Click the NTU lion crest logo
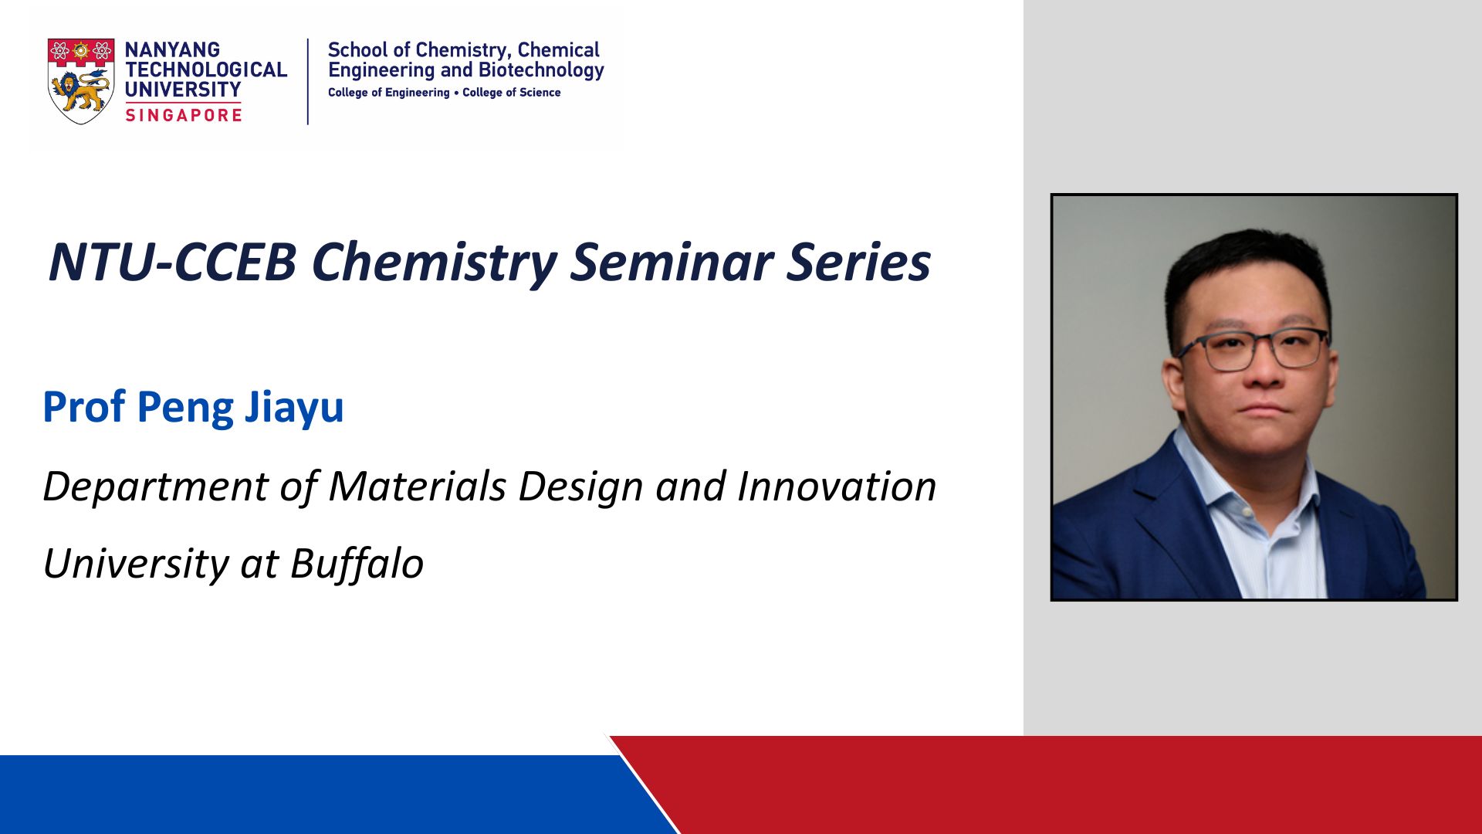[81, 81]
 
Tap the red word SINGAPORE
[184, 115]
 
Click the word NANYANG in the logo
[172, 49]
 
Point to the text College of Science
[512, 93]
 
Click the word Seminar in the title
[672, 262]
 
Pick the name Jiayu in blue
[294, 408]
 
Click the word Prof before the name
[83, 406]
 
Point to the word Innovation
[837, 486]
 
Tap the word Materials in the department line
[418, 486]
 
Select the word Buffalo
[357, 564]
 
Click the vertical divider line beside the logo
[308, 81]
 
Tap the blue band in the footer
[324, 795]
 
